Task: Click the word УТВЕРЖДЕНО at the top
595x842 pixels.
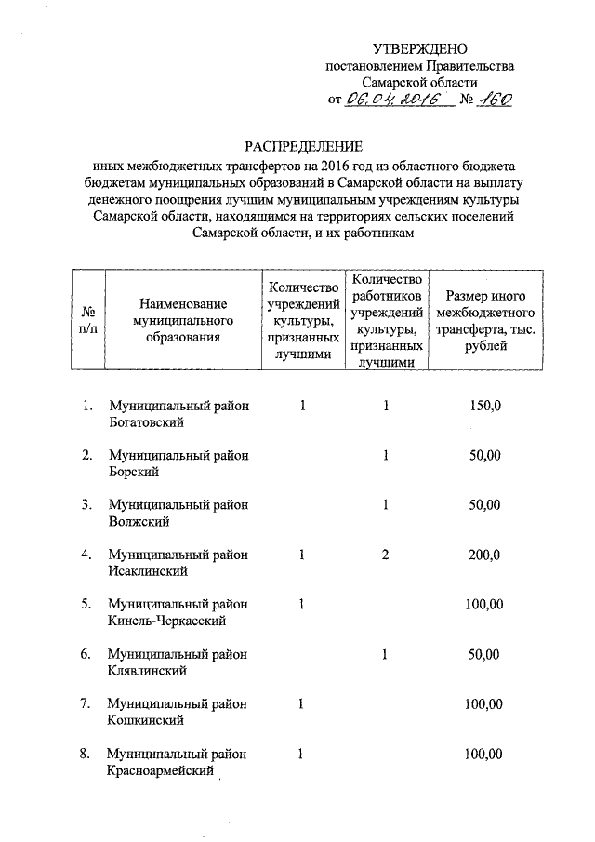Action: [x=419, y=48]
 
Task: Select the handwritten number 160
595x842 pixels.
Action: [x=492, y=100]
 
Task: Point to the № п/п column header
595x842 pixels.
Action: [x=89, y=320]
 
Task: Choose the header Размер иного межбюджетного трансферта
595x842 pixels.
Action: [x=483, y=320]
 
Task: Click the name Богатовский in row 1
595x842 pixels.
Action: [x=145, y=422]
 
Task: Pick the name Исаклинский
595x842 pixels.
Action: [x=149, y=572]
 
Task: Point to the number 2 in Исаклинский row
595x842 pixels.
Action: [x=385, y=555]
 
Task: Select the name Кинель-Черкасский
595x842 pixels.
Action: [x=166, y=621]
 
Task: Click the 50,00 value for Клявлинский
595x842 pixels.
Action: [x=483, y=655]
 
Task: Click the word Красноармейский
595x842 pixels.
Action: [x=160, y=770]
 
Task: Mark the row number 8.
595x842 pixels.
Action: [x=86, y=754]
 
